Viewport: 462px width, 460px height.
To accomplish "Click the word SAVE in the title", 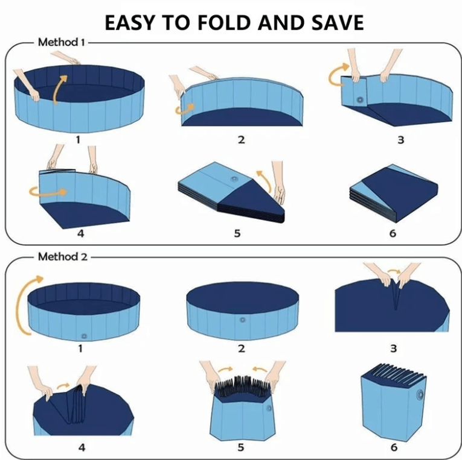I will click(x=335, y=22).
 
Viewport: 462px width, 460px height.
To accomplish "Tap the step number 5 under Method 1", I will click(x=237, y=233).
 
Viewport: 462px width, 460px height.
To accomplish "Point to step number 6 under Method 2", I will click(x=393, y=447).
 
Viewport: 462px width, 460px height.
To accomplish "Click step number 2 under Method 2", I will click(x=241, y=348).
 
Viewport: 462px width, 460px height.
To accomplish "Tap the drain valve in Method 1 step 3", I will click(x=361, y=99).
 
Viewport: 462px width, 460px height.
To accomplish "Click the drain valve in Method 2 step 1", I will click(x=84, y=335).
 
